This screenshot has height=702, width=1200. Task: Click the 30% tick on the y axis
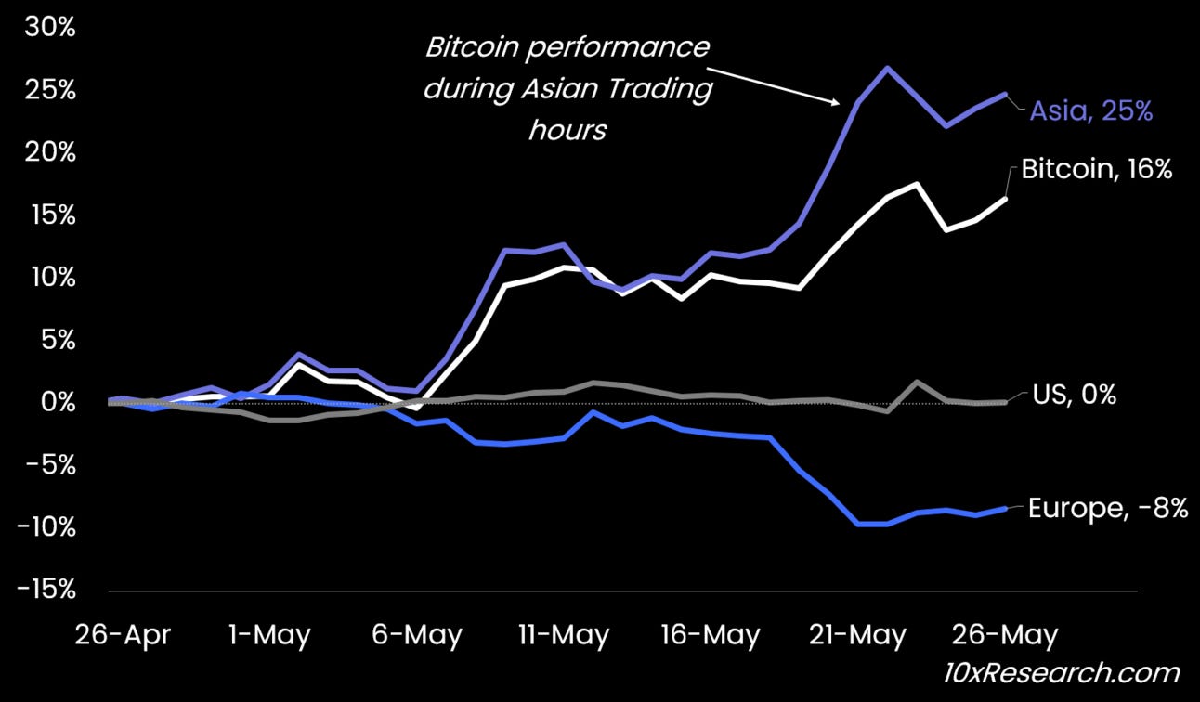pos(49,27)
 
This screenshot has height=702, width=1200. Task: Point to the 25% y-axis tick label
pos(49,90)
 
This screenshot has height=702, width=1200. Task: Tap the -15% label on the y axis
pos(45,590)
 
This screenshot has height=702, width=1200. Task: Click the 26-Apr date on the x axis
pos(124,636)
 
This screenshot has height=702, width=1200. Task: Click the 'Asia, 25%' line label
pos(1090,112)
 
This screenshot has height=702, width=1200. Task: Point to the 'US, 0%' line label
pos(1074,395)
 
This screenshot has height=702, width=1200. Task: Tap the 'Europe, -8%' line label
pos(1107,509)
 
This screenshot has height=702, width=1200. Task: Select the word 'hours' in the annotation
pos(567,130)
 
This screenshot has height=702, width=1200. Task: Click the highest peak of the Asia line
pos(887,68)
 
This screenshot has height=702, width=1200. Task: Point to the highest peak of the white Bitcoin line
pos(917,184)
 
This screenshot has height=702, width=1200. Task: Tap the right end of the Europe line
pos(1005,508)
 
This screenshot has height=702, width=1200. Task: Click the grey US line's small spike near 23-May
pos(917,382)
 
